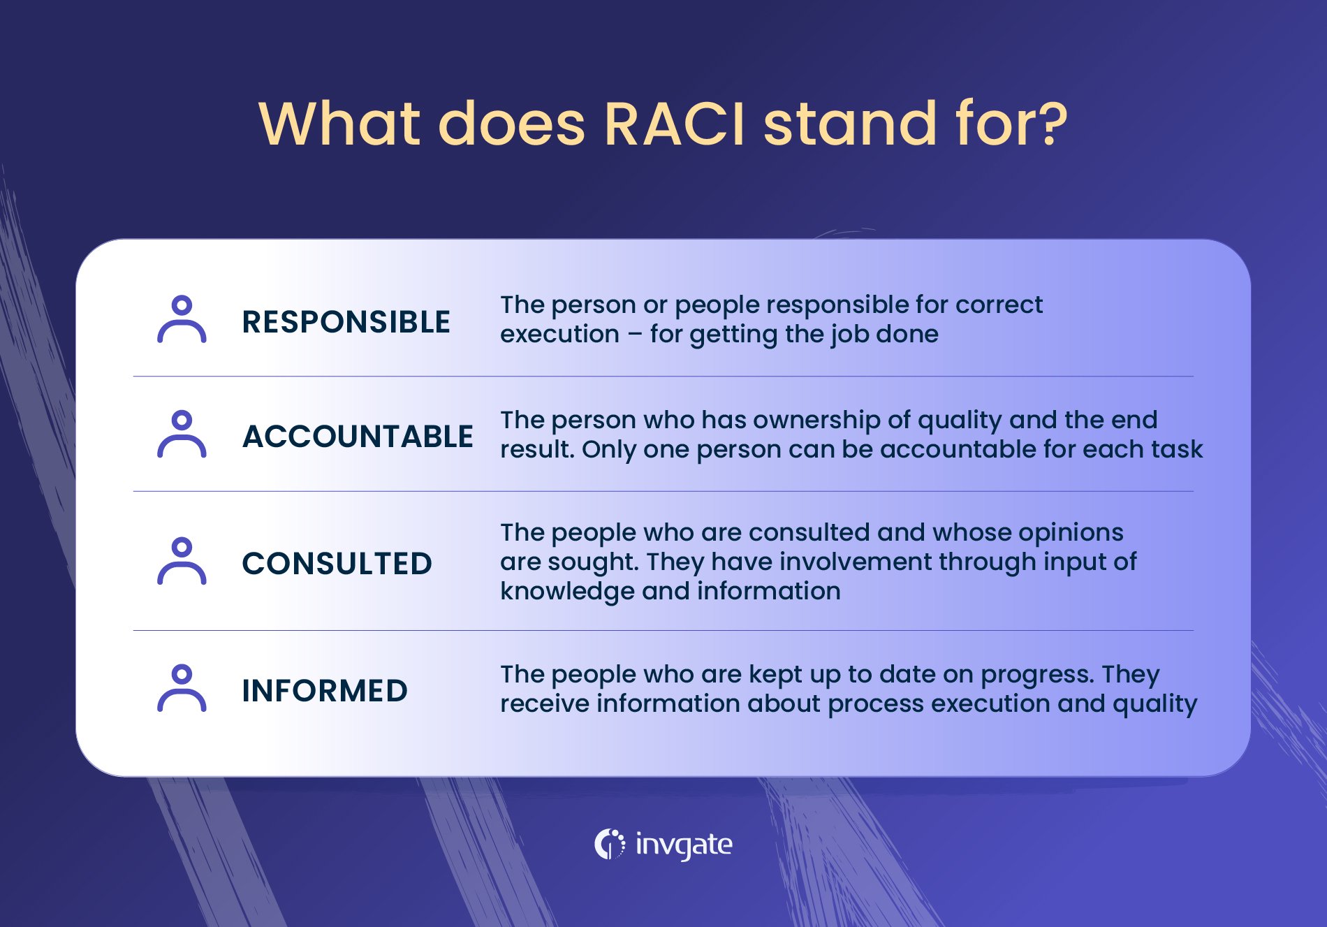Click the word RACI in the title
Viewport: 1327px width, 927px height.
pos(675,124)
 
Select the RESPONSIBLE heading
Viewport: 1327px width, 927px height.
pos(346,322)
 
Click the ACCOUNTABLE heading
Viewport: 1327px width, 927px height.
pos(358,437)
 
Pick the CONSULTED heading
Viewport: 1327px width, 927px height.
pos(337,564)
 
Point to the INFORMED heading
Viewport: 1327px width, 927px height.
pos(325,691)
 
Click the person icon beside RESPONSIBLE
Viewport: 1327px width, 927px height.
pos(182,319)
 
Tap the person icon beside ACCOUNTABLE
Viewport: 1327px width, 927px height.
pos(182,434)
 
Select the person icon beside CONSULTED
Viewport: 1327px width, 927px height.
pos(182,561)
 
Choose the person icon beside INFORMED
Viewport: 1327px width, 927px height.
pos(182,688)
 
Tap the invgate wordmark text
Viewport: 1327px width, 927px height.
pos(684,845)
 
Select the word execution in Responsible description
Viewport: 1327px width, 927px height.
pos(559,334)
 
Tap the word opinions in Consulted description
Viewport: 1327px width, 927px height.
pos(1071,532)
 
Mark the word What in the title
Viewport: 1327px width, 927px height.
pos(339,124)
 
